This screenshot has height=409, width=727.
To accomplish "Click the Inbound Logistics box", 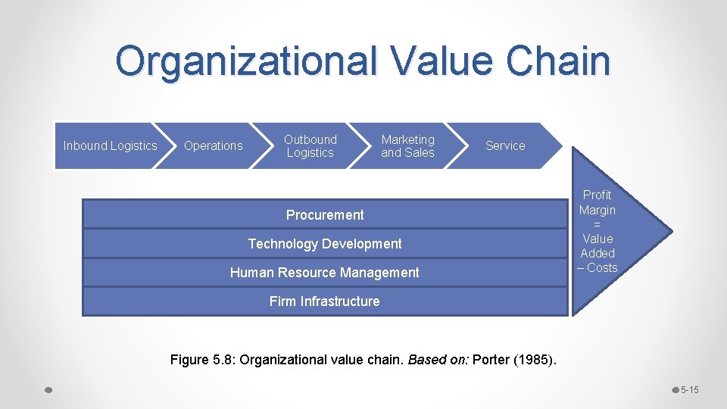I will click(x=110, y=145).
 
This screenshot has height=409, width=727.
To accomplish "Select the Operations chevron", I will click(x=213, y=145).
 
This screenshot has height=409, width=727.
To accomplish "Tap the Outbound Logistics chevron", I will click(x=310, y=145).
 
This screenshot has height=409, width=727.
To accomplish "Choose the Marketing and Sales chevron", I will click(x=407, y=145).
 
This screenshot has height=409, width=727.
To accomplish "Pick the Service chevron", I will click(x=505, y=145).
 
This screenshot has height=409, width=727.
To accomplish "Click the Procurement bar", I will click(x=325, y=215).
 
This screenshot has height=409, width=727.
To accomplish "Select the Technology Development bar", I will click(x=325, y=244).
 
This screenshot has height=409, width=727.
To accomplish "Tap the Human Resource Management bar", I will click(x=324, y=273).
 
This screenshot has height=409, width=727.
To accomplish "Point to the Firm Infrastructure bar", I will click(x=324, y=301).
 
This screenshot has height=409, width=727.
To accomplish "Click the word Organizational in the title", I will click(x=246, y=61).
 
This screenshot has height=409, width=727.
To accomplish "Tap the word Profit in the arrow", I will click(x=597, y=195).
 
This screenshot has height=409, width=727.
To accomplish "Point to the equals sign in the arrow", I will click(x=597, y=224).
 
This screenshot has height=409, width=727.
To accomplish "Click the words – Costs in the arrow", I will click(x=598, y=267).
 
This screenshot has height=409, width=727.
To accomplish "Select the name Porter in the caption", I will click(x=491, y=360).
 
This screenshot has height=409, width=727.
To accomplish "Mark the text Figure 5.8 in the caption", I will click(x=199, y=360).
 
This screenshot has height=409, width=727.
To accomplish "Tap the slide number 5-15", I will click(x=689, y=390).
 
